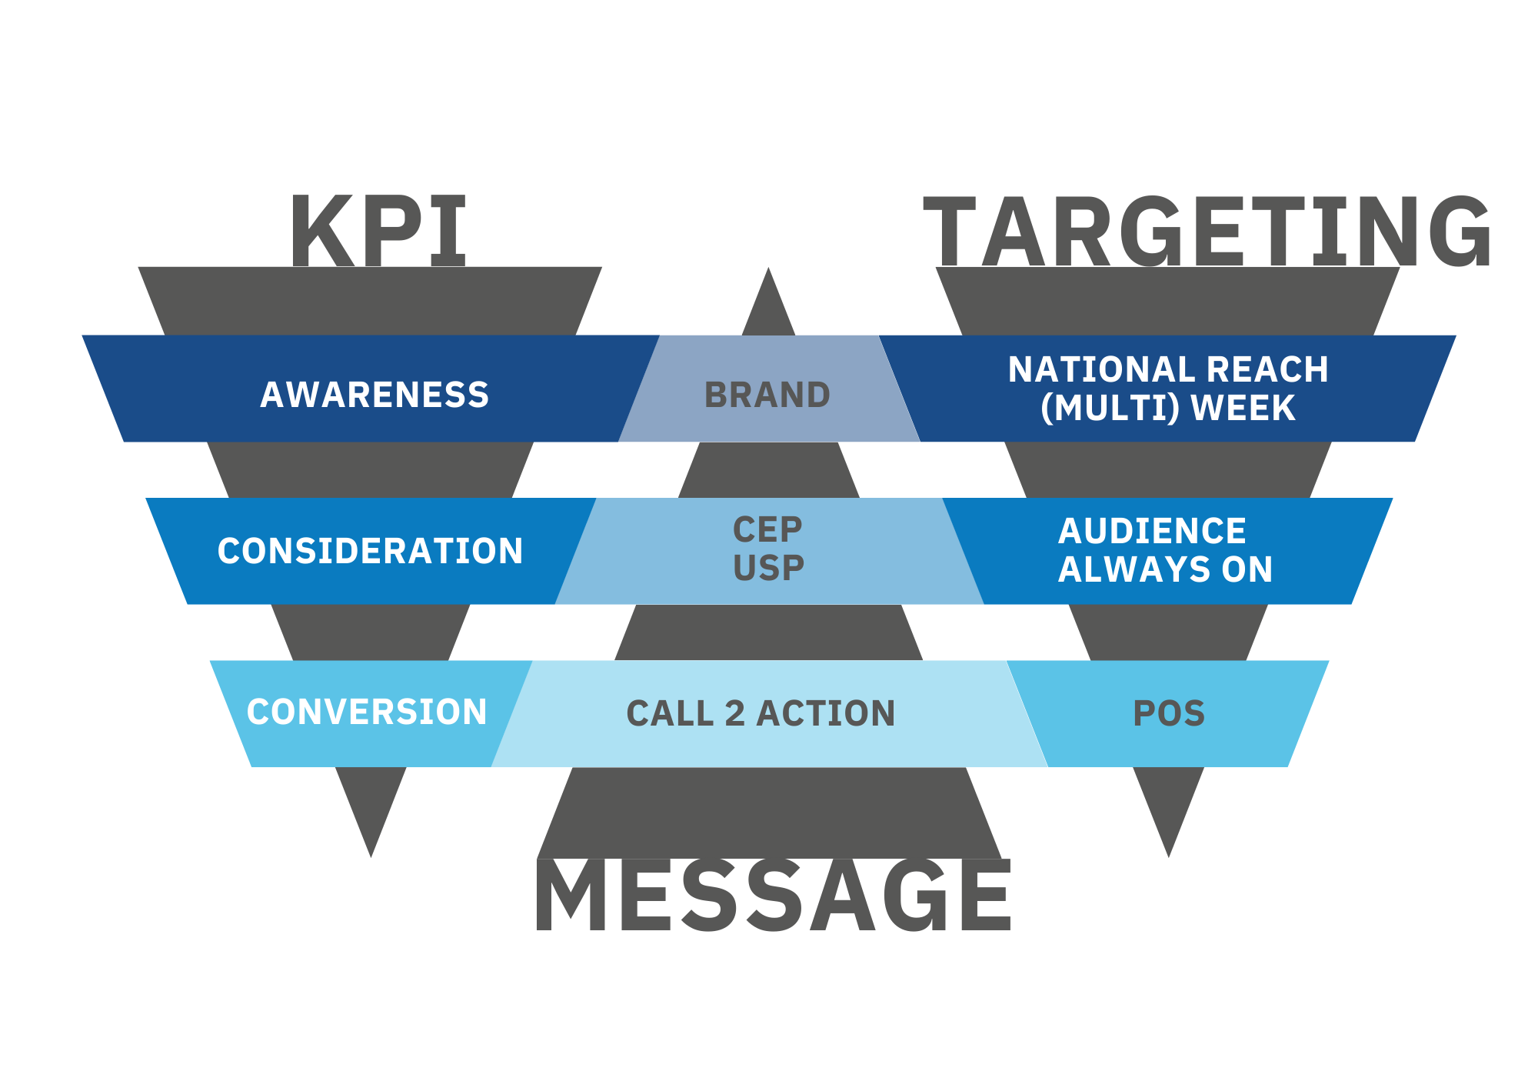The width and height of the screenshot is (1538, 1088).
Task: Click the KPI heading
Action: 378,231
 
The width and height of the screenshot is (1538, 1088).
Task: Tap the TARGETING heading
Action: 1207,231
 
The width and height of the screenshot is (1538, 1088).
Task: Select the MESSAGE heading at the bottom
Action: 773,896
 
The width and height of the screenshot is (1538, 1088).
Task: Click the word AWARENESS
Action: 375,395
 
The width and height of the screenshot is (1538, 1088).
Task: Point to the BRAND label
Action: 767,395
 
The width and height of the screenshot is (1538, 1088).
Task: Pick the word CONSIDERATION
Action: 370,551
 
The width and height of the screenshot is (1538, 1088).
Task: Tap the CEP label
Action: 767,530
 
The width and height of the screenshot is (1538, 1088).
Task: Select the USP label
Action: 768,569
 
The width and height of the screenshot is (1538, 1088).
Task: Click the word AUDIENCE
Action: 1152,531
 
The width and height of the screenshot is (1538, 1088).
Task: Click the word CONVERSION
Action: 367,712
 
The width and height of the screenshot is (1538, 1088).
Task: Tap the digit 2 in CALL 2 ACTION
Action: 735,713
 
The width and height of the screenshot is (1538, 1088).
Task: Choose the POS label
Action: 1169,713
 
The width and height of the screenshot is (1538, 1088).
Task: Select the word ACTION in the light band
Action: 826,713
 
